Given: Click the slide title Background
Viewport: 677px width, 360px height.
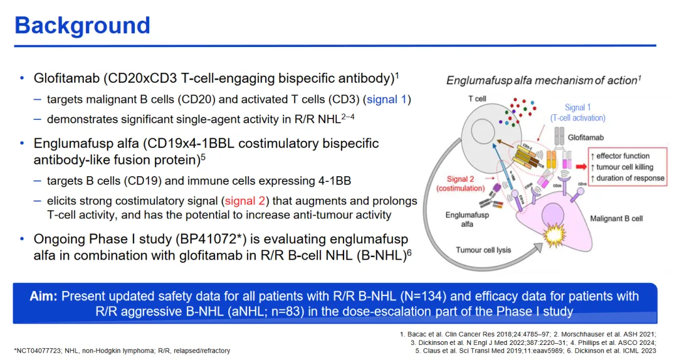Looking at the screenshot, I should (82, 25).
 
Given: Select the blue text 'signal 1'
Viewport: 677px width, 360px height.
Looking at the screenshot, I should (389, 99).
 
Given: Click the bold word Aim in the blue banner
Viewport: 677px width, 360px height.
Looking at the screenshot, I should (43, 297).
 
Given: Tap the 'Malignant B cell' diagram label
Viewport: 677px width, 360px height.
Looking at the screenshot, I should (616, 219).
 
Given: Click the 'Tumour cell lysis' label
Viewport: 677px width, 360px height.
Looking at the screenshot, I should (483, 250).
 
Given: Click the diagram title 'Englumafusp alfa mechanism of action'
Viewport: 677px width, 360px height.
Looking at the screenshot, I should (543, 80).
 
